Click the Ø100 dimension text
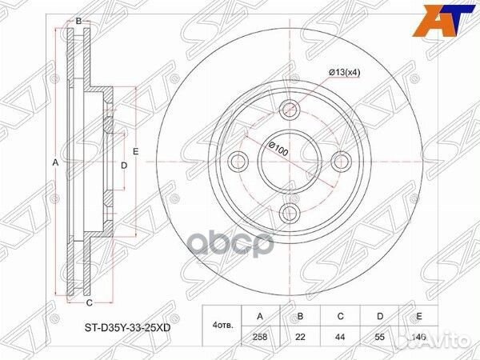coord(278,149)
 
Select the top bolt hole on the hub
coord(290,110)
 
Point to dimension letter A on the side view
coord(55,162)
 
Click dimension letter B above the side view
coord(78,20)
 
